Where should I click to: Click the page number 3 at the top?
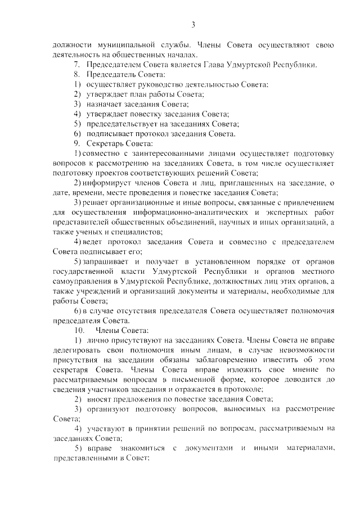point(193,24)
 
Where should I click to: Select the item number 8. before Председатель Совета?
point(78,75)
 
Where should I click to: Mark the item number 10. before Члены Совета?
point(80,331)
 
